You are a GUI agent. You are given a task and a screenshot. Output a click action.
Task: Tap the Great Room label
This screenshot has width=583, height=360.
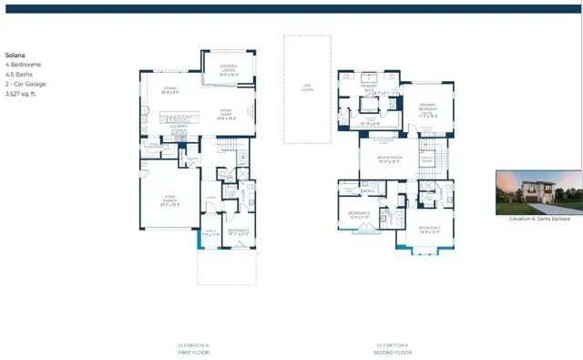click(225, 115)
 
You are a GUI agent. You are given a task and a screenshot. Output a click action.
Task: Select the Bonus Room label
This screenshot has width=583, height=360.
click(391, 159)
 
